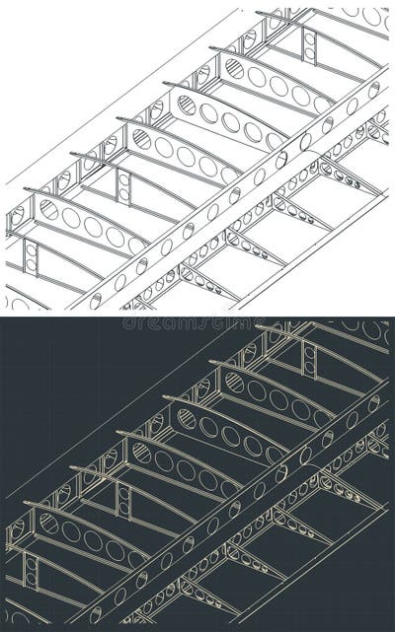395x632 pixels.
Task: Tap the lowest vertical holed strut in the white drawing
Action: [31, 257]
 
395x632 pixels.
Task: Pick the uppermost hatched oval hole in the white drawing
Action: [234, 67]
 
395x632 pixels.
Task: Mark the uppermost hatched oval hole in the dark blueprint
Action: [234, 382]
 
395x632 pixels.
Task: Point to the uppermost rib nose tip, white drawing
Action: [259, 13]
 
